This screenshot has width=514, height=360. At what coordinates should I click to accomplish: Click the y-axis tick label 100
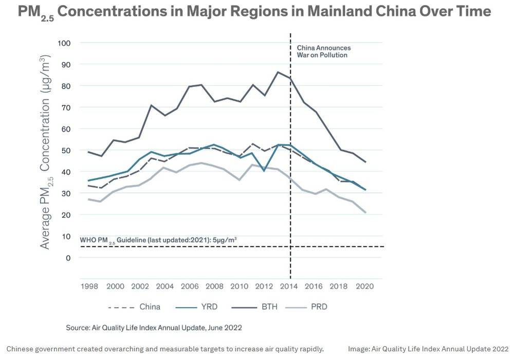[x=65, y=43]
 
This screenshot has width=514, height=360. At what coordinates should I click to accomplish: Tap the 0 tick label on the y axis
[x=68, y=258]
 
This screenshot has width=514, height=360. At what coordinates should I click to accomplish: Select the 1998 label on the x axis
[x=89, y=286]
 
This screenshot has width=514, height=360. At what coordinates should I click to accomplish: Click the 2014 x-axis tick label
[x=290, y=286]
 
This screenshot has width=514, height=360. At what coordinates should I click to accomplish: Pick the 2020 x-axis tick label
[x=365, y=286]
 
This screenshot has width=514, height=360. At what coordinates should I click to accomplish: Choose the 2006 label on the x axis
[x=190, y=286]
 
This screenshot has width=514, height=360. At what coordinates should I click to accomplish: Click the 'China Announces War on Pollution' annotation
[x=323, y=51]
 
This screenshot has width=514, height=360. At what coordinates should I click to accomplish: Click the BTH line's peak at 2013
[x=278, y=72]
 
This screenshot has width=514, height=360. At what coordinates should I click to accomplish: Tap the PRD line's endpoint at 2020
[x=365, y=212]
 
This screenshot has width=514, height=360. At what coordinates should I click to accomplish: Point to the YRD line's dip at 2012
[x=264, y=170]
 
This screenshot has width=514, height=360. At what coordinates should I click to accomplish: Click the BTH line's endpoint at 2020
[x=365, y=162]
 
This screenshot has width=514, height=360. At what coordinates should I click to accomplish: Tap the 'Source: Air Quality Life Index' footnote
[x=154, y=327]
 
